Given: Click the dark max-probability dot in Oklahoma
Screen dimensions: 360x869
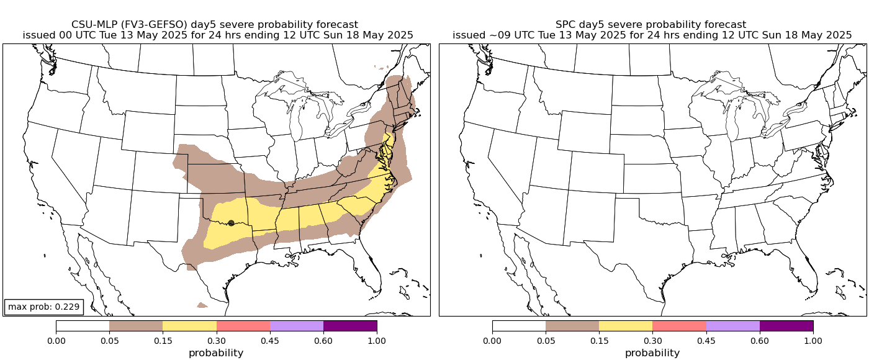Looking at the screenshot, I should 231,223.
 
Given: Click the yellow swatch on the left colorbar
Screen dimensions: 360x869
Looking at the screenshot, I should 189,326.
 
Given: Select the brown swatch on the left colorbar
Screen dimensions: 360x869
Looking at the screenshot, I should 136,326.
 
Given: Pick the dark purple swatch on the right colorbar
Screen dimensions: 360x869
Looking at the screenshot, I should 786,326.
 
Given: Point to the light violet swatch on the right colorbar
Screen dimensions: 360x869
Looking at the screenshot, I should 732,326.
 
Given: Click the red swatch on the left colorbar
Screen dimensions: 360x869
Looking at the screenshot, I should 243,326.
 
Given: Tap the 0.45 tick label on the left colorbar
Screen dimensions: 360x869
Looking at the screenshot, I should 270,340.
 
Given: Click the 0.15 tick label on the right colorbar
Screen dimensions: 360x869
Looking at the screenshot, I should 599,340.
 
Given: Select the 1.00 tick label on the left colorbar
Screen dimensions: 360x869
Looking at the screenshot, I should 377,340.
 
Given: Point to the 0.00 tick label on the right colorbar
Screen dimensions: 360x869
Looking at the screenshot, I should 492,340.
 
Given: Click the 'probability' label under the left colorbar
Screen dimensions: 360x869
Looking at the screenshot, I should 216,353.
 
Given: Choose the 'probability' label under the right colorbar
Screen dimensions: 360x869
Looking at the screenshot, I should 652,353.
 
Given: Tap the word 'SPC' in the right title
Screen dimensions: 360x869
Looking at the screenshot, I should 566,24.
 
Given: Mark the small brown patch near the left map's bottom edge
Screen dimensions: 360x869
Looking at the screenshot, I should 202,305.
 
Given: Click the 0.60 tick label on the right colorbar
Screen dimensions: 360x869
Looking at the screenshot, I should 760,340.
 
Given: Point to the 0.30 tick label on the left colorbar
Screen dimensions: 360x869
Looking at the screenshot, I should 217,340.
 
